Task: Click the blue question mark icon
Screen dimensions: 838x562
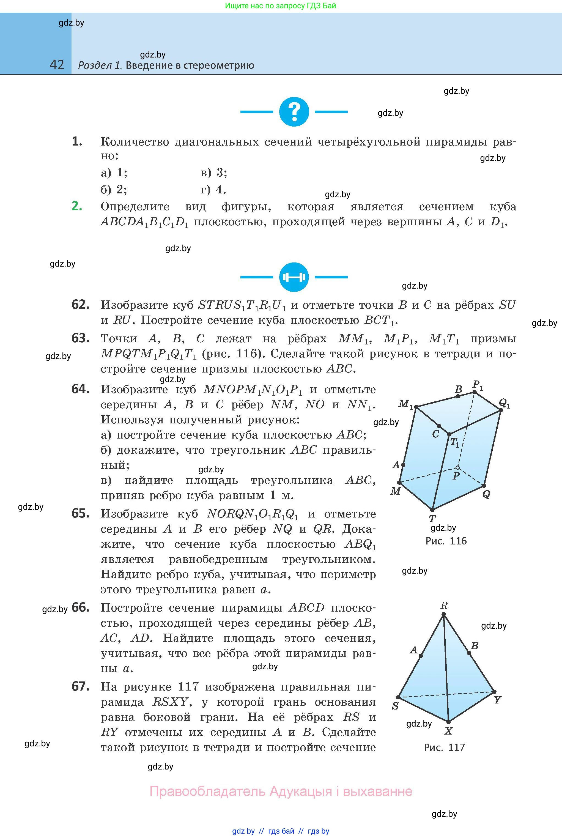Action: pos(294,112)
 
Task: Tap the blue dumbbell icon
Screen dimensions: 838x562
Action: pos(294,277)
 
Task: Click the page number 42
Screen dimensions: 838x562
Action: pos(57,65)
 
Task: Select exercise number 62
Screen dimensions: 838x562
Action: pos(81,305)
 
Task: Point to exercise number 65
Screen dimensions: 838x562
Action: pos(81,513)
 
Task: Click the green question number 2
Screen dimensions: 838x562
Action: pos(77,206)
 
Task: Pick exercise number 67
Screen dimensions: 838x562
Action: pos(81,686)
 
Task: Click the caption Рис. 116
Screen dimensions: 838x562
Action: pos(446,541)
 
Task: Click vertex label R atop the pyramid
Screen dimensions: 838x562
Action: pos(444,606)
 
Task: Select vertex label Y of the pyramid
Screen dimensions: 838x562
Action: pos(497,700)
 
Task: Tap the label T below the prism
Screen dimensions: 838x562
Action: pos(432,518)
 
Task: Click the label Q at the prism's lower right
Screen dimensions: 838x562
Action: pos(486,494)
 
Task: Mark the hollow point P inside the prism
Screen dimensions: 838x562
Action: pos(457,467)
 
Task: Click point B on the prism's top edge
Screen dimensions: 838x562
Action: pos(458,396)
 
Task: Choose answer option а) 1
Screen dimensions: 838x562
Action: pos(114,173)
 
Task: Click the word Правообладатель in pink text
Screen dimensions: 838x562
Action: pos(207,791)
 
